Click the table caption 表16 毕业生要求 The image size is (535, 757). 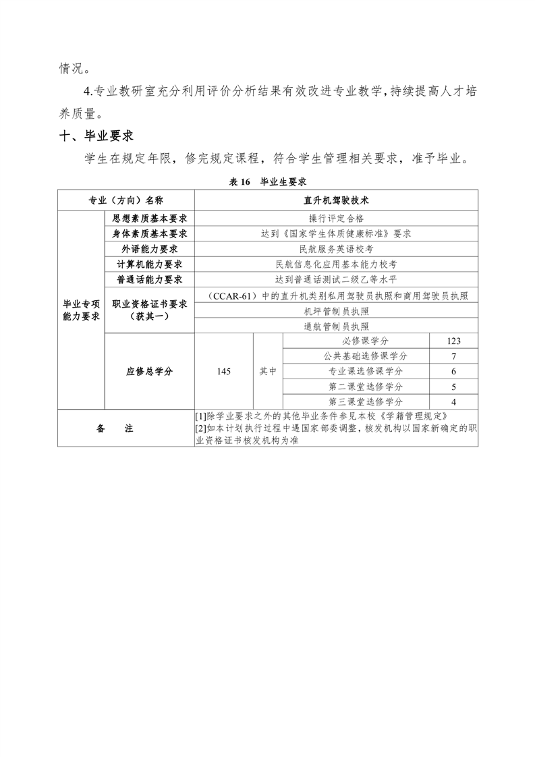coord(269,181)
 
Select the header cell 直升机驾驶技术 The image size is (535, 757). coord(336,200)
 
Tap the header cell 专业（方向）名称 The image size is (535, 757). coord(126,200)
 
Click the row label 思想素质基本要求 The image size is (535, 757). coord(150,218)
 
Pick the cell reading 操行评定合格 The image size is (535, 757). coord(336,218)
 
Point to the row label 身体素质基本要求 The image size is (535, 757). coord(150,233)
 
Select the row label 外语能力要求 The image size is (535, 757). coord(150,249)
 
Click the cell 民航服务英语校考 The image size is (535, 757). coord(336,249)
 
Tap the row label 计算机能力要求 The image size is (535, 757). coord(150,264)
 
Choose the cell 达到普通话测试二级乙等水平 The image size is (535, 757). coord(336,279)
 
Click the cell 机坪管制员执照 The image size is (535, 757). coord(336,311)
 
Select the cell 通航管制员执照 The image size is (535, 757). coord(336,327)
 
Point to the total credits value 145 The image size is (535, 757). coord(224,371)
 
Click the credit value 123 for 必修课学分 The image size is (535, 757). coord(453,341)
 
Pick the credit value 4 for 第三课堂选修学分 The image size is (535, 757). coord(453,402)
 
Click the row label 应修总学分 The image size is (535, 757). coord(150,371)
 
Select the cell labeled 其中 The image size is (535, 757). coord(268,371)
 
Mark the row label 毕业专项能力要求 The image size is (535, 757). coord(81,310)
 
